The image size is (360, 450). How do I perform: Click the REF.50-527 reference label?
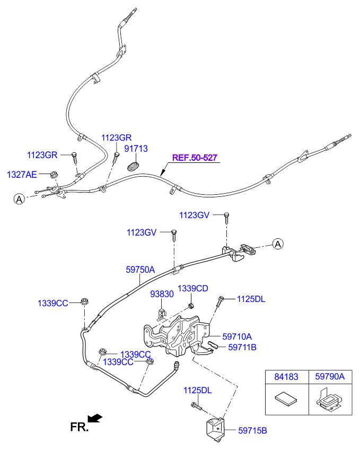(195, 158)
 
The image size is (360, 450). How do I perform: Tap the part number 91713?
(136, 149)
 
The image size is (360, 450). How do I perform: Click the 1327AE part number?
(22, 175)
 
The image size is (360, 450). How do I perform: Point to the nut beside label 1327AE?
(54, 174)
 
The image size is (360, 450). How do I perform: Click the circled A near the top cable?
(19, 199)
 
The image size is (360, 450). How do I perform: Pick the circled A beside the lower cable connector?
(277, 244)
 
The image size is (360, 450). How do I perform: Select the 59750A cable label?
(140, 270)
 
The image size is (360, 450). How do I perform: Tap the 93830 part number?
(162, 294)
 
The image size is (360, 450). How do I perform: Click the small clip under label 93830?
(161, 315)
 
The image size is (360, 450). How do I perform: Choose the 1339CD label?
(193, 289)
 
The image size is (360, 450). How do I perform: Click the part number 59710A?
(237, 336)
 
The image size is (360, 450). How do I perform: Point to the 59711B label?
(242, 347)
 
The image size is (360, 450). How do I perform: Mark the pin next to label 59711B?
(213, 345)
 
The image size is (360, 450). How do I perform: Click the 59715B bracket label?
(252, 430)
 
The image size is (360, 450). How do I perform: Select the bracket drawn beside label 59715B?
(215, 430)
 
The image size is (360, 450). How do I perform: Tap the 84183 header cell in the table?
(287, 377)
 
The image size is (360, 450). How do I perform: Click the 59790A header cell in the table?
(330, 377)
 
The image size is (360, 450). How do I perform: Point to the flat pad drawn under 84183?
(286, 398)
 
